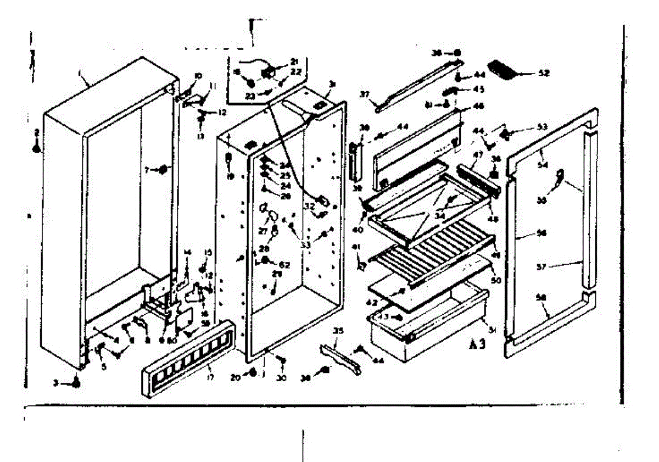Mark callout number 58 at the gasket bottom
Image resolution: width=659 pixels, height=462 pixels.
point(540,297)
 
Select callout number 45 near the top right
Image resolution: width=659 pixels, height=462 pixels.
point(479,90)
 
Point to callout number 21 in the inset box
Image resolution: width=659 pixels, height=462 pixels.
point(294,61)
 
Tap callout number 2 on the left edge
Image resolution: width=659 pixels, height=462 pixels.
point(36,132)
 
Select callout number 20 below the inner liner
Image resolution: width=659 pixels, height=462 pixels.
point(236,377)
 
